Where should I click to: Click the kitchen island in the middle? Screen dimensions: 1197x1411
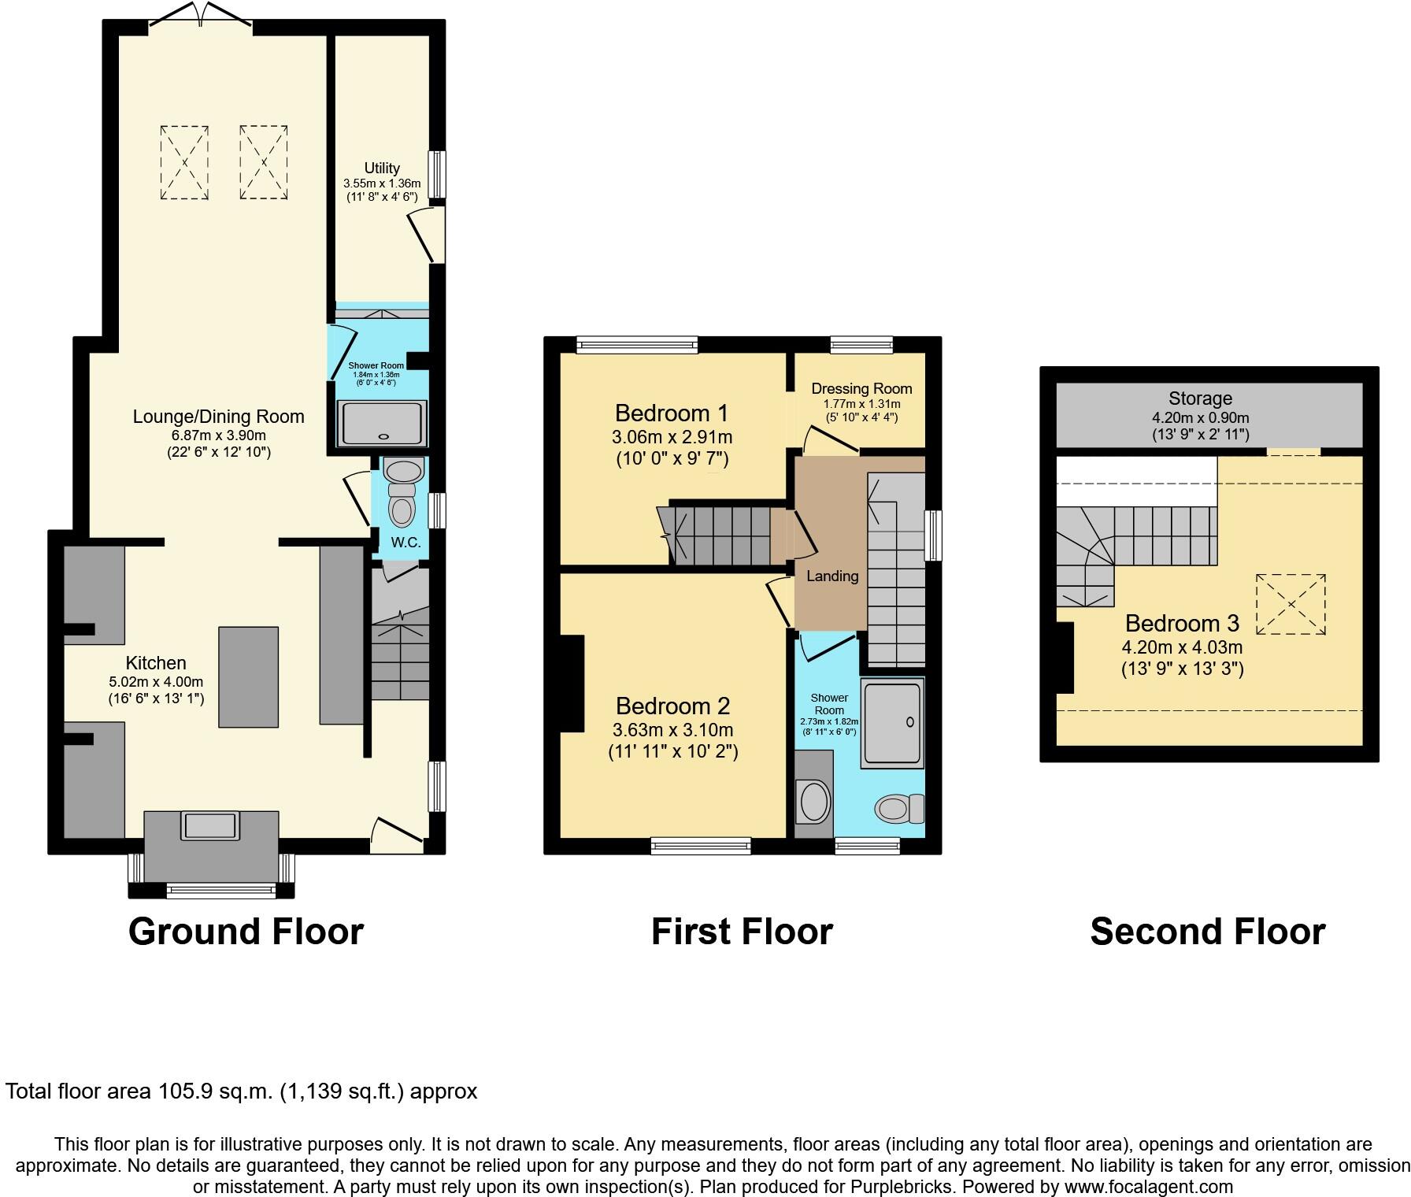coord(248,676)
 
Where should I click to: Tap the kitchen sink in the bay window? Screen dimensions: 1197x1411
coord(209,825)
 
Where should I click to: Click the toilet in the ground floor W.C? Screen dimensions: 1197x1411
coord(402,504)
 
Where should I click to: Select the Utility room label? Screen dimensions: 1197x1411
coord(382,168)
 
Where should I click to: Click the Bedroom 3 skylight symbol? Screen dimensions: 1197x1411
coord(1291,604)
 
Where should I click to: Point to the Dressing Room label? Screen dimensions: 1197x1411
coord(861,388)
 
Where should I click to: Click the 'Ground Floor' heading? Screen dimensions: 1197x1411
coord(246,932)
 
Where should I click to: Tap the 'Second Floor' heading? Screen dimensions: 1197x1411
coord(1207,932)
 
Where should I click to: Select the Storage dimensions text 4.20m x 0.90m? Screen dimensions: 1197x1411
coord(1200,417)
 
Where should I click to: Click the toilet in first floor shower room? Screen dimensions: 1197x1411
coord(899,808)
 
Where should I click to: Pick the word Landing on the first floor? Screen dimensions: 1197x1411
coord(832,576)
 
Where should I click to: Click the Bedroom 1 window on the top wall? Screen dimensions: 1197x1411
coord(637,344)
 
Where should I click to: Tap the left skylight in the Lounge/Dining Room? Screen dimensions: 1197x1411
coord(185,161)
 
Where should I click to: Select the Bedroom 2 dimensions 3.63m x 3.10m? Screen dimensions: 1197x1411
coord(672,729)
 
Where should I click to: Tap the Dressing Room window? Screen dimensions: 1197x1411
coord(861,344)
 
